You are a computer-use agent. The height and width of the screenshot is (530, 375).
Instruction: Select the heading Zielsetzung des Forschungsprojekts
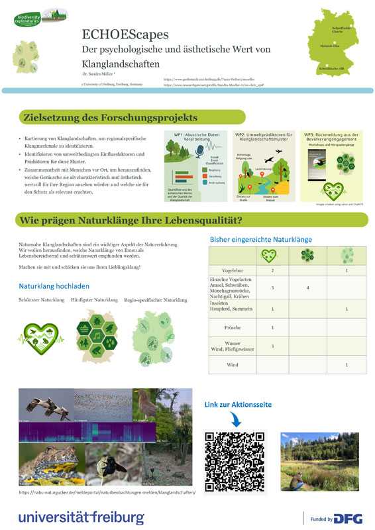110,118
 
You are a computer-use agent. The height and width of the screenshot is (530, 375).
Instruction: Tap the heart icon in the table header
268,255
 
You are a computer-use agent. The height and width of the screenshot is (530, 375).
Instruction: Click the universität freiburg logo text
81,516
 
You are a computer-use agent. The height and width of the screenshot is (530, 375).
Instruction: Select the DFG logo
347,519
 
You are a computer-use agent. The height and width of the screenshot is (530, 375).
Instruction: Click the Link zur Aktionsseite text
238,404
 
